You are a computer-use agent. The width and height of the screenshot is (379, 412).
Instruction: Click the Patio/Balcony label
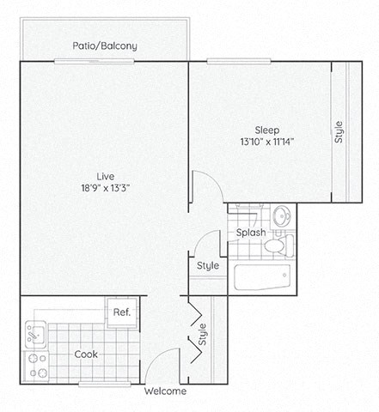(x=106, y=45)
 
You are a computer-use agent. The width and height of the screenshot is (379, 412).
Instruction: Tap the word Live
(x=105, y=177)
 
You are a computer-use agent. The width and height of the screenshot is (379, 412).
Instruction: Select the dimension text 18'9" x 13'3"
(x=105, y=191)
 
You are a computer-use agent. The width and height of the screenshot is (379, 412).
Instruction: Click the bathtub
(x=262, y=276)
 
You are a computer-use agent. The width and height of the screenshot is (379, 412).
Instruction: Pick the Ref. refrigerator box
(x=119, y=312)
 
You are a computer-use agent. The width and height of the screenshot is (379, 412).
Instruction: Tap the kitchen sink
(x=35, y=330)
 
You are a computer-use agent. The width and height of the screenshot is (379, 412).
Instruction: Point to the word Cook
(x=86, y=354)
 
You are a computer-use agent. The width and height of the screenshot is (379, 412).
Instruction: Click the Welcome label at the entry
(x=165, y=391)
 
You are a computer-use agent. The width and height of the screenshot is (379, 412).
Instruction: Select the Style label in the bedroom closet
(x=339, y=132)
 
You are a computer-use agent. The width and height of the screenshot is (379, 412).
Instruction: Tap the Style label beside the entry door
(x=204, y=333)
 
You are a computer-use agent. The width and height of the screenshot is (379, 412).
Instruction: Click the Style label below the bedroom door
(x=207, y=266)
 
